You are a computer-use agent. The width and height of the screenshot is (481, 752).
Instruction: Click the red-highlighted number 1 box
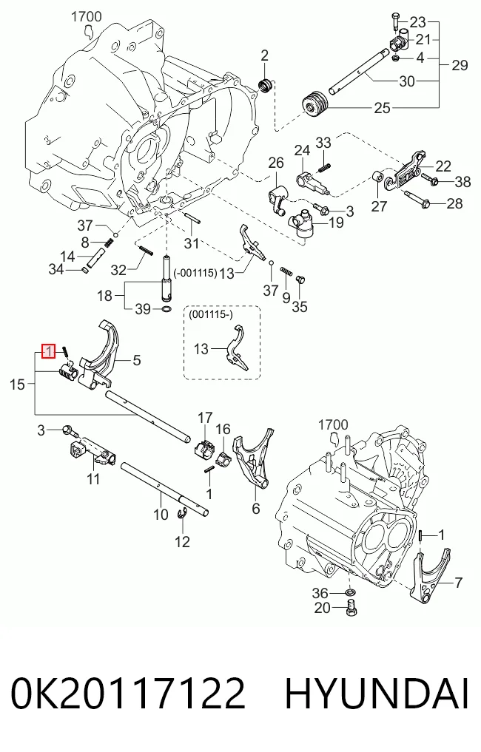pos(49,351)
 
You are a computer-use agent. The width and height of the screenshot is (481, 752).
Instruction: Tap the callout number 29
pos(460,64)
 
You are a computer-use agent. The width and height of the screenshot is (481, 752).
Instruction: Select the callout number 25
pos(382,107)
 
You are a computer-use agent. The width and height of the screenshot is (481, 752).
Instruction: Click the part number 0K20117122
pos(128,694)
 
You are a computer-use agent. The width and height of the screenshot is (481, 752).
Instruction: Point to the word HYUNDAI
pos(377,694)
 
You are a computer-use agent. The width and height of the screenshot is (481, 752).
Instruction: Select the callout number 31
pos(191,243)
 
